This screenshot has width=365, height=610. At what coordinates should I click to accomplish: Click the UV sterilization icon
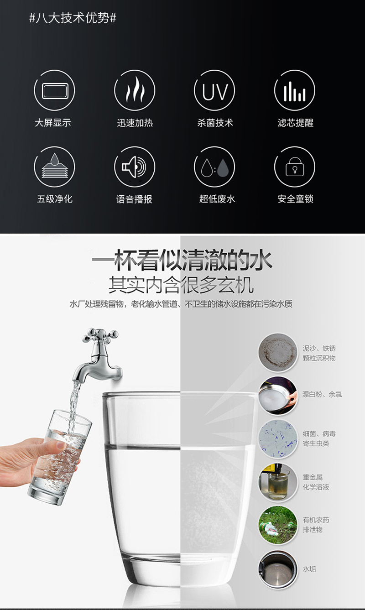pos(214,90)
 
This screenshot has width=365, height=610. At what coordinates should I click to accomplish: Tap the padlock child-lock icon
pos(294,167)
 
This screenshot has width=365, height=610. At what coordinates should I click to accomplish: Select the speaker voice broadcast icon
pos(135,167)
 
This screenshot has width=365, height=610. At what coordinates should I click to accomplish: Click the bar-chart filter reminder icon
pos(294,90)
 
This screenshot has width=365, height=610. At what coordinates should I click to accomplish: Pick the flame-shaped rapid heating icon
pos(135,90)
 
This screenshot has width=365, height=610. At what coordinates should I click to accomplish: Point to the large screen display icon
pos(54,90)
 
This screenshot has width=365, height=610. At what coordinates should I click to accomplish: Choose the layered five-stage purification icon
pos(54,167)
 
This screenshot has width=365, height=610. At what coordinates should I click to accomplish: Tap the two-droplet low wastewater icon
pos(214,167)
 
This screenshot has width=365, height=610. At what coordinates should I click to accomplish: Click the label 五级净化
pos(55,199)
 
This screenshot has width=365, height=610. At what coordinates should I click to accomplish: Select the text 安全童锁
pos(296,199)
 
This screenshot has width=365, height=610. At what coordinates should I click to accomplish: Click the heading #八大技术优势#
pos(73,18)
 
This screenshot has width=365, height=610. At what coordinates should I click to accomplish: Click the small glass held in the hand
pos(60,457)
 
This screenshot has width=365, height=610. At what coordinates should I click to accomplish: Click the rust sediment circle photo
pos(278,353)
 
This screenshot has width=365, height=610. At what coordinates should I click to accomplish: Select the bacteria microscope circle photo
pos(278,439)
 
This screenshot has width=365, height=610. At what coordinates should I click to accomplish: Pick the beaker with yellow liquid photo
pos(278,482)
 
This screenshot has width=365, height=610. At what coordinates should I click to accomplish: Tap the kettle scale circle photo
pos(278,569)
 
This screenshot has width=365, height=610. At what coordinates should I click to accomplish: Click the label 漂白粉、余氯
pos(322,394)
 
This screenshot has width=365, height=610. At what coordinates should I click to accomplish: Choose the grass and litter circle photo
pos(278,525)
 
